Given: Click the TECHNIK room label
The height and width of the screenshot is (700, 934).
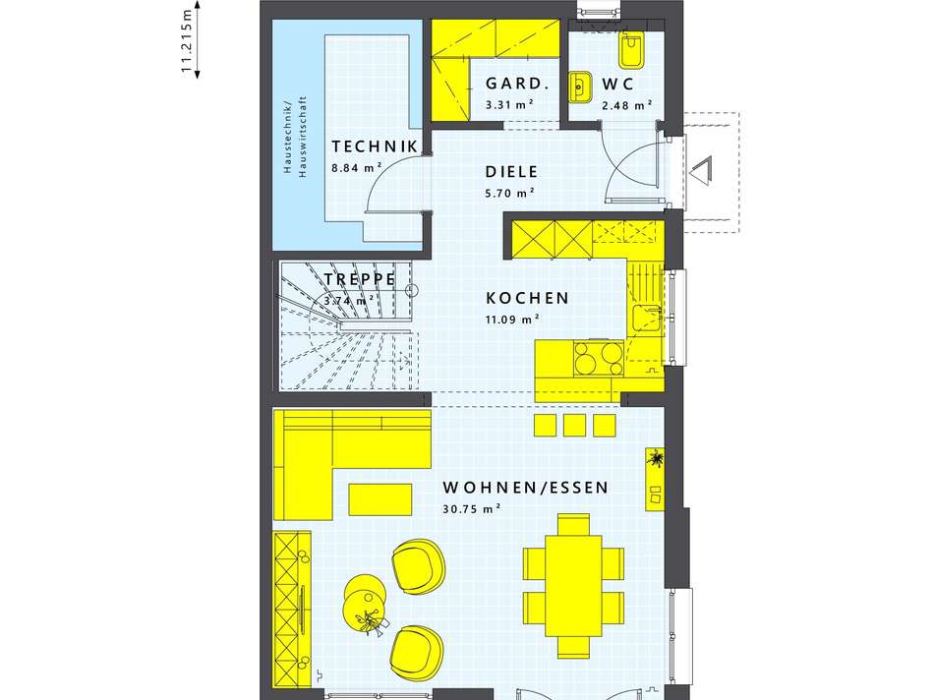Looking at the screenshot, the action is pos(374,146).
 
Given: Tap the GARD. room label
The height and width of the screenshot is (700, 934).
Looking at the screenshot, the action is pos(516,84).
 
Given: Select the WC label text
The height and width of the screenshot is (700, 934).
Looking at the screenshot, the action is pos(617,84).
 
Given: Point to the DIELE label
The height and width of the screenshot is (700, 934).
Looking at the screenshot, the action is pos(511,172).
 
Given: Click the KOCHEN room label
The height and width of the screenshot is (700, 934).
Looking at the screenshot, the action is pos(527,298).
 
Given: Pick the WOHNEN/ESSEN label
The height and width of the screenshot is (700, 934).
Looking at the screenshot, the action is pos(525,488).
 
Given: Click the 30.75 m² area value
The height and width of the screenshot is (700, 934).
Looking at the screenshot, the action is pos(471,508).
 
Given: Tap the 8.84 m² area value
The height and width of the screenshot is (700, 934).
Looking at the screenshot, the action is pos(356,168).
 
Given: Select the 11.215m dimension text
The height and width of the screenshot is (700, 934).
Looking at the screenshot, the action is pos(187,41).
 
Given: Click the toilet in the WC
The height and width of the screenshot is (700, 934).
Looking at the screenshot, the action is pos(629,51).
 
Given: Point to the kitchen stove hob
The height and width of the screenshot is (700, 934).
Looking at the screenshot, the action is pos(599,358).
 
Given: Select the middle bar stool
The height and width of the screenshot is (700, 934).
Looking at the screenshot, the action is pos(575,426).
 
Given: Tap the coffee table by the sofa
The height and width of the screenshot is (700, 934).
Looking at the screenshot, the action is pos(380,499).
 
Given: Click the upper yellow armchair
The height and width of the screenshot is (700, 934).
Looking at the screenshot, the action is pos(419,566).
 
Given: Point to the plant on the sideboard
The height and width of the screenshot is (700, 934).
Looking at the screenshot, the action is pos(656,459).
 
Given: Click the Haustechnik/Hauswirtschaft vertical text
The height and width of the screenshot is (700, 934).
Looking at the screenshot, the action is pos(295,137).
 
